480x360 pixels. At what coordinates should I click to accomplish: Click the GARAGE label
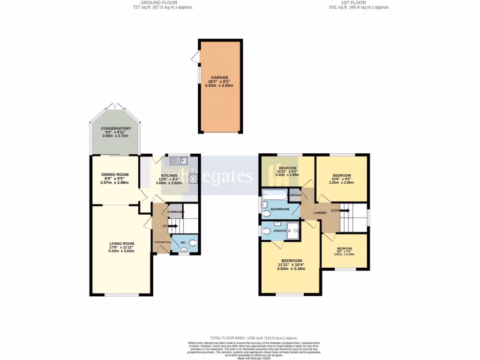pos(219,77)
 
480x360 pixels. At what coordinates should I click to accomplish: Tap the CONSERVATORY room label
pos(115,128)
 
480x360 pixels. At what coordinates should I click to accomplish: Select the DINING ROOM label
pos(115,174)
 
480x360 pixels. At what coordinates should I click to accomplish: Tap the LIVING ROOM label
pos(121,243)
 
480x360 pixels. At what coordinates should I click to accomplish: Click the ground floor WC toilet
pos(193,243)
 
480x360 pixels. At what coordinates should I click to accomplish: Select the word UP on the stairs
pos(165,226)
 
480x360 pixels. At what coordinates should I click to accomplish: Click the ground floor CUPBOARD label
pos(175,212)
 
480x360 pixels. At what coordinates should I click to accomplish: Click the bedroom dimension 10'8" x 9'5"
pos(341,179)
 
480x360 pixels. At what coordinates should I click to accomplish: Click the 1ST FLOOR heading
pos(354,3)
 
